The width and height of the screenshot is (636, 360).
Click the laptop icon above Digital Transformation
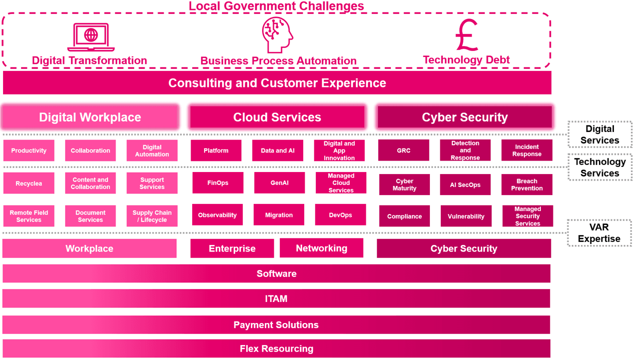pyautogui.click(x=91, y=37)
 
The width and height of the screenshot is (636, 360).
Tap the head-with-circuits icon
pyautogui.click(x=277, y=35)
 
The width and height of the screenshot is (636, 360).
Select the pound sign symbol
pyautogui.click(x=466, y=35)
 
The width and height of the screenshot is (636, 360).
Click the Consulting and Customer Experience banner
pyautogui.click(x=277, y=83)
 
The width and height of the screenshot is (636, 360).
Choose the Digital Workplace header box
pyautogui.click(x=90, y=117)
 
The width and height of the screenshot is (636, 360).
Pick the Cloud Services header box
pyautogui.click(x=277, y=117)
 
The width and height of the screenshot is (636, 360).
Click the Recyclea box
pyautogui.click(x=29, y=183)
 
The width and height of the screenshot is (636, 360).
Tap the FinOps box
pyautogui.click(x=218, y=182)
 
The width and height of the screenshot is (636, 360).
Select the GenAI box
pyautogui.click(x=279, y=182)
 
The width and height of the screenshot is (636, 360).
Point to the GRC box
pyautogui.click(x=403, y=150)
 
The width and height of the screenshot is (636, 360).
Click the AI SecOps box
pyautogui.click(x=465, y=184)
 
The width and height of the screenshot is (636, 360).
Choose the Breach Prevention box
pyautogui.click(x=527, y=184)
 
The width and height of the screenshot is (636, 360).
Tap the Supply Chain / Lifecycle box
pyautogui.click(x=152, y=216)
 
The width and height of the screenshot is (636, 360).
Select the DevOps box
pyautogui.click(x=340, y=215)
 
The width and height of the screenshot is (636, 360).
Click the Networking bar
pyautogui.click(x=321, y=248)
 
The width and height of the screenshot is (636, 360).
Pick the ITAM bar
pyautogui.click(x=276, y=298)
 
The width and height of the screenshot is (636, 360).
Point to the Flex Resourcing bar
pyautogui.click(x=276, y=348)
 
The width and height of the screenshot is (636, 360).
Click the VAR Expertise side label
pyautogui.click(x=599, y=233)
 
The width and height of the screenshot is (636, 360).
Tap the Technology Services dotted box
pyautogui.click(x=600, y=167)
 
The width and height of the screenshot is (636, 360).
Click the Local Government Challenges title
pyautogui.click(x=276, y=6)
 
